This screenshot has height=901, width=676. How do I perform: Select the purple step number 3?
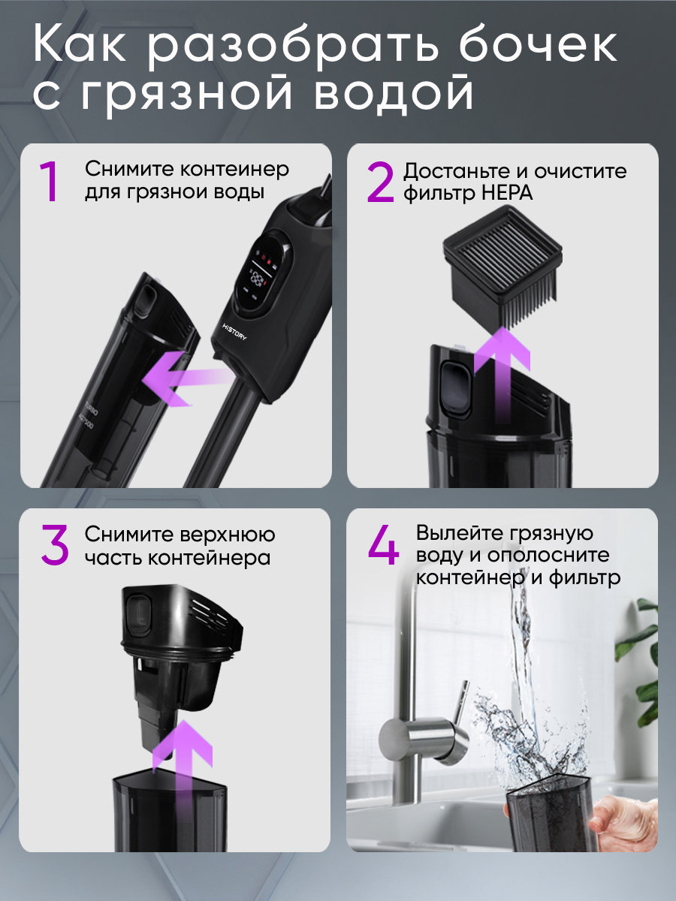54,546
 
